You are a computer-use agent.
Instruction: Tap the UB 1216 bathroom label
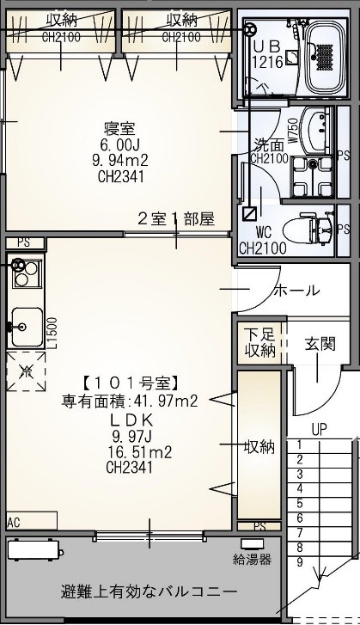click(x=266, y=53)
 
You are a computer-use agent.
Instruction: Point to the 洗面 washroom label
click(x=268, y=144)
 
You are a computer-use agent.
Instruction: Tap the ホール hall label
click(x=296, y=291)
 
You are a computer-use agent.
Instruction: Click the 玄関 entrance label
click(x=320, y=344)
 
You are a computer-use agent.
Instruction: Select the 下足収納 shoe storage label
click(x=259, y=343)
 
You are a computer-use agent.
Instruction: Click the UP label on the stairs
click(x=319, y=428)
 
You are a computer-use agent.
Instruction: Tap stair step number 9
click(x=299, y=561)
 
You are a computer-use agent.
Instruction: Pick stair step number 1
click(x=299, y=444)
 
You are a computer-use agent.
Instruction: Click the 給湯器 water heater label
click(x=253, y=560)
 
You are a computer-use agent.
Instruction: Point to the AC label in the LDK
click(x=14, y=521)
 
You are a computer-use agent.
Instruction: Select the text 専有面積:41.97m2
click(x=130, y=400)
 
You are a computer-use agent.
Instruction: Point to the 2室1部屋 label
click(x=176, y=218)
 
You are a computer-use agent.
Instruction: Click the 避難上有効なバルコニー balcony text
click(x=149, y=592)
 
